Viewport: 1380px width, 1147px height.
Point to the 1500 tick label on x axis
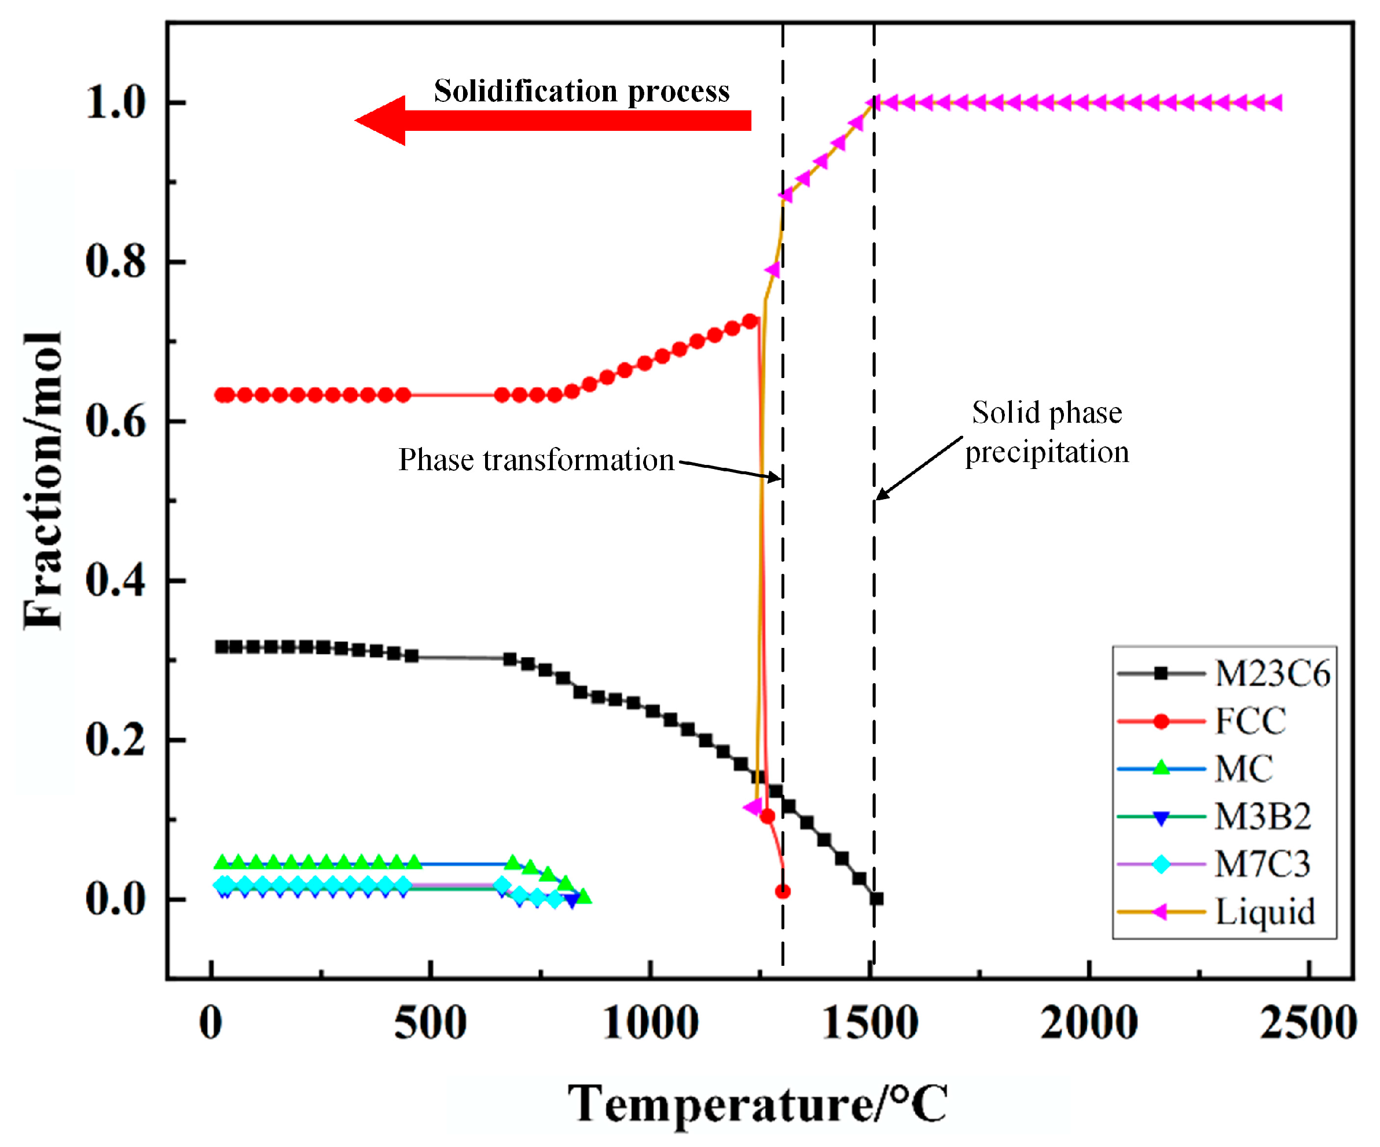pos(870,1024)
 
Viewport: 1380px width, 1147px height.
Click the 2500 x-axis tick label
pos(1308,1024)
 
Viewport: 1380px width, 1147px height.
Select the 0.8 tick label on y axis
pos(116,261)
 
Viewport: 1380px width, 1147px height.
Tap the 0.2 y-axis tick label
pos(116,739)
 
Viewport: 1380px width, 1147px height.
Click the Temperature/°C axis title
pos(757,1104)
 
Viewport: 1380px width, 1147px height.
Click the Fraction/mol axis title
pos(42,480)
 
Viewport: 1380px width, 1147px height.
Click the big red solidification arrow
pos(552,120)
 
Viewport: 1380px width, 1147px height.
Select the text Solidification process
pos(582,91)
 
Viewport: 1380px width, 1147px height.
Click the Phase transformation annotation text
pos(536,460)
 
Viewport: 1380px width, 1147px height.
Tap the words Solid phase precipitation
pos(1046,433)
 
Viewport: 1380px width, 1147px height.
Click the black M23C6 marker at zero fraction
pos(876,899)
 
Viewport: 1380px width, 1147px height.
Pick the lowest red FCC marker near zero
pos(783,891)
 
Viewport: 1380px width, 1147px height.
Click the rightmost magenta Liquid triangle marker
pos(1273,102)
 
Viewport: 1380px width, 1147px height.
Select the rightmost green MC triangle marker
pos(583,896)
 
